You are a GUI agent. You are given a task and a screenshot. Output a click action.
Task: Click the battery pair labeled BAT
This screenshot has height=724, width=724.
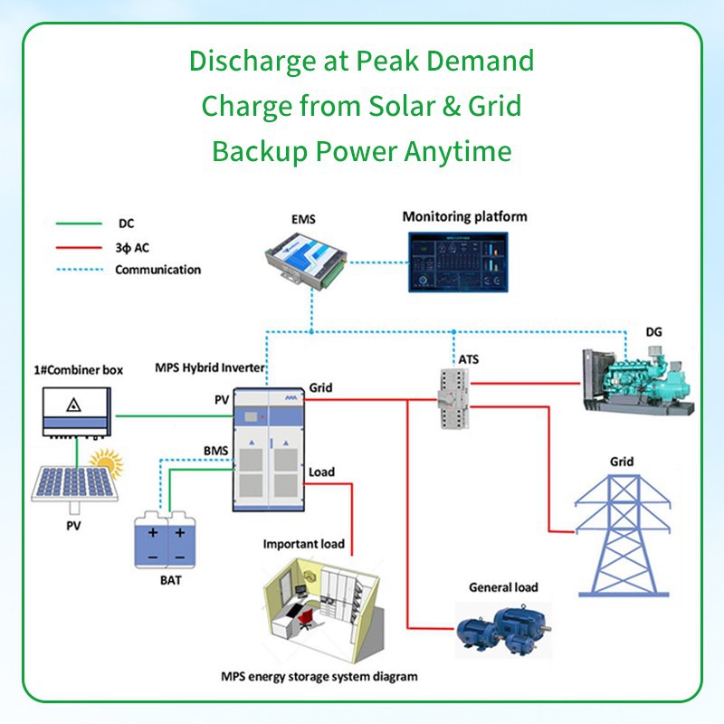click(165, 541)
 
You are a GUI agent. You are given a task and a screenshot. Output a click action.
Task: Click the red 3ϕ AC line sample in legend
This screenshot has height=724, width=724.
click(78, 246)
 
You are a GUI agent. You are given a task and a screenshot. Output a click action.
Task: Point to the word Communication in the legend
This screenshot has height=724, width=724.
click(157, 270)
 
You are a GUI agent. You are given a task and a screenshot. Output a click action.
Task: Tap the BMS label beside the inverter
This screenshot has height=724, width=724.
click(216, 449)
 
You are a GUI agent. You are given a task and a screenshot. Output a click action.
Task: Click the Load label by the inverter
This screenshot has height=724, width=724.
click(321, 472)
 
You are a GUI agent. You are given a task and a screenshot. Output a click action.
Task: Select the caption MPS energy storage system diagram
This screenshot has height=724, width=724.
click(319, 676)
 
